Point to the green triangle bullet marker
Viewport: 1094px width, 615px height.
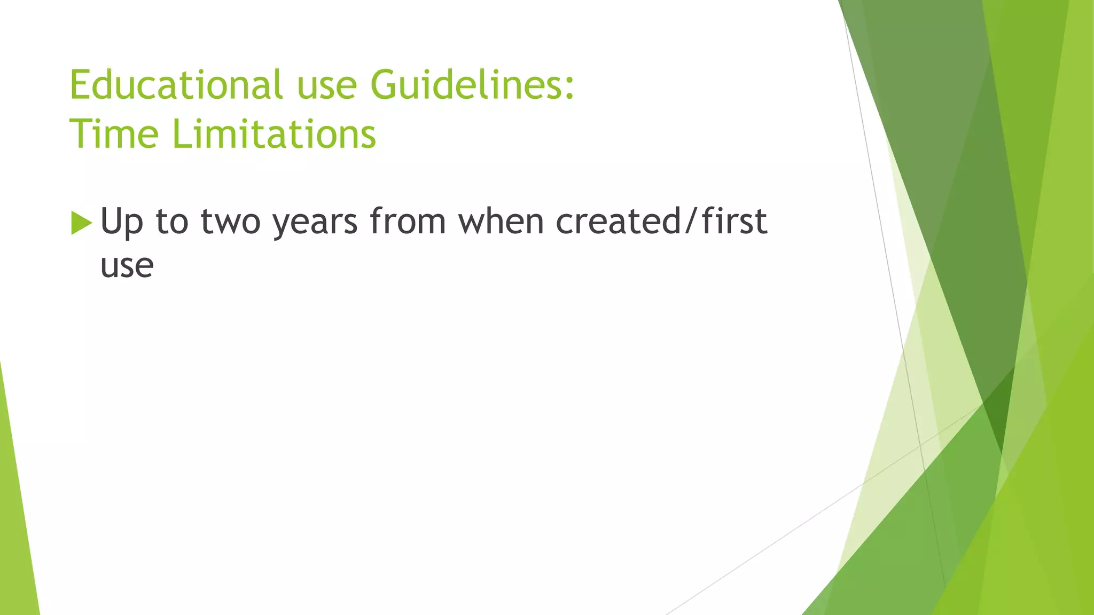click(x=81, y=223)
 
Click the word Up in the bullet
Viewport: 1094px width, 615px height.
click(x=122, y=222)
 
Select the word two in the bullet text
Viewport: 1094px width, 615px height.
click(x=230, y=222)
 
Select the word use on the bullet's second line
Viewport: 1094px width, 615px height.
click(x=127, y=266)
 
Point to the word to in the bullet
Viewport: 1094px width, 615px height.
click(x=172, y=222)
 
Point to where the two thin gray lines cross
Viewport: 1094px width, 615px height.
click(x=920, y=445)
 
